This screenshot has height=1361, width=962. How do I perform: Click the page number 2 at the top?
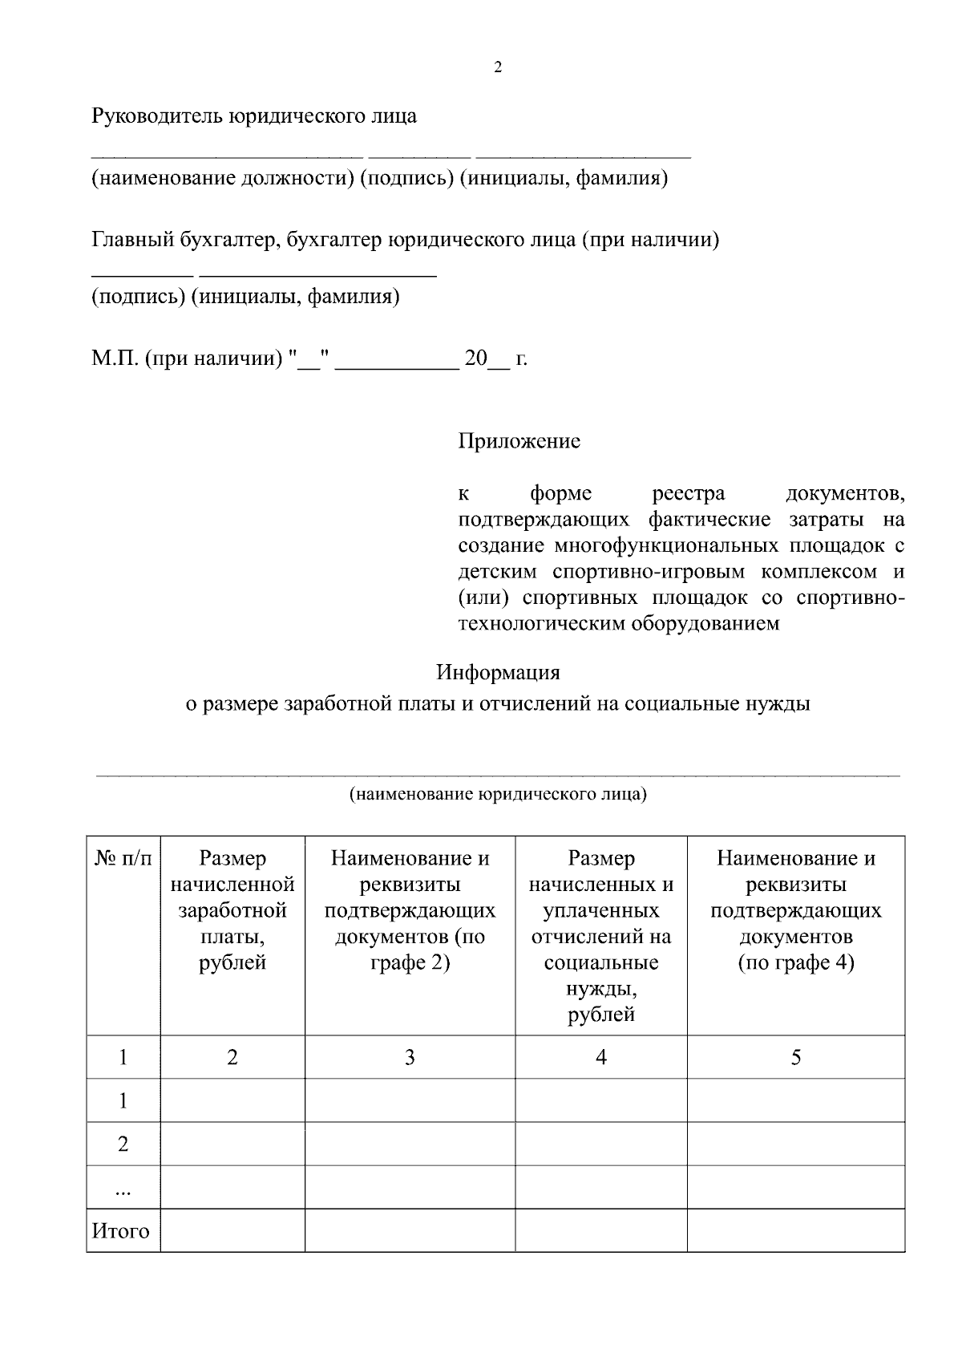[x=497, y=68]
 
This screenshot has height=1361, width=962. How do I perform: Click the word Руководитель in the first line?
[x=157, y=116]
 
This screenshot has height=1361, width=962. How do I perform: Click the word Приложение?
[x=519, y=441]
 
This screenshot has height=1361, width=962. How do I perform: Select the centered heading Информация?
[x=497, y=671]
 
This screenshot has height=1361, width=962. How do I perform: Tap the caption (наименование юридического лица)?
[x=497, y=795]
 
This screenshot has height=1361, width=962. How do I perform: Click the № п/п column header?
[x=123, y=859]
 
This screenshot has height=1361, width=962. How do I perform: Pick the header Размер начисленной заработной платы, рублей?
[x=232, y=910]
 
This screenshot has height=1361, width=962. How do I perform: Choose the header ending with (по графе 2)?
[x=410, y=910]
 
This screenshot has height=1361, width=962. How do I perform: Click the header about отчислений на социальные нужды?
[x=601, y=936]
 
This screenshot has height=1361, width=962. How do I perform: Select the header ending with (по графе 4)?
[x=795, y=910]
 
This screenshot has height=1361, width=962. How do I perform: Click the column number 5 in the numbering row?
[x=795, y=1058]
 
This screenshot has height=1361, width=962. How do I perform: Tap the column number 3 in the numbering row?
[x=410, y=1058]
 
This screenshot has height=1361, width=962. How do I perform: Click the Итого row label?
[x=121, y=1231]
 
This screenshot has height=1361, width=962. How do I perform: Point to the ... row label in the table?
[x=123, y=1189]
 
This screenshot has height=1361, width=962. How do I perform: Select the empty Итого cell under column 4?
[x=601, y=1231]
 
